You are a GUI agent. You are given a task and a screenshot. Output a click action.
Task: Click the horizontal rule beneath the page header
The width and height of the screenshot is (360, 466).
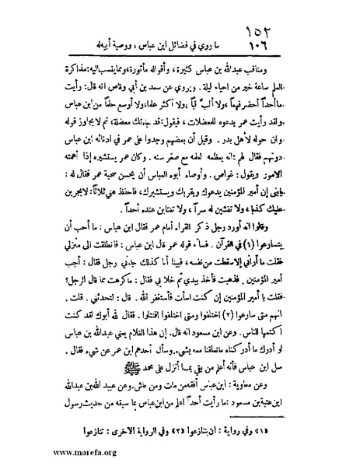187,54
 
